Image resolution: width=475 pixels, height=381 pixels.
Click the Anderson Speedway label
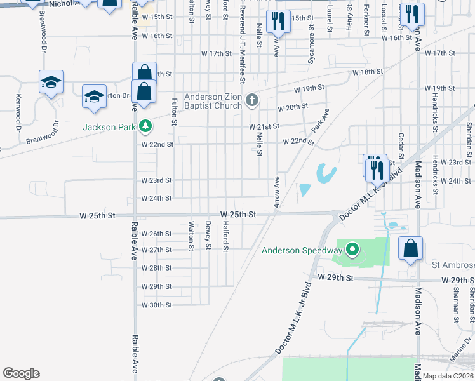[x=302, y=250]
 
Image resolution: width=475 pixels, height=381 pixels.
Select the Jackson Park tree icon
[x=145, y=126]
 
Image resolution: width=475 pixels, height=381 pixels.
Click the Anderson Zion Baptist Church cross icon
[x=252, y=100]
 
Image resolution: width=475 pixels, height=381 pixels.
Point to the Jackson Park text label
[x=109, y=127]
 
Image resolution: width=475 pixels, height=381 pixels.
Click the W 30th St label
[x=157, y=305]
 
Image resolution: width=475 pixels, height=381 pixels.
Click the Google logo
[x=21, y=373]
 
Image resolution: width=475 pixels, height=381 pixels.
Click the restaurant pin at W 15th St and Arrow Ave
[x=278, y=22]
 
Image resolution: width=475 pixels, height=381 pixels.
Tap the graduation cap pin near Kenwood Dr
[x=51, y=83]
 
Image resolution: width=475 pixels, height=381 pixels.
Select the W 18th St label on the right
[x=368, y=72]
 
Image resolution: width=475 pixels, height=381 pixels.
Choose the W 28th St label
[x=157, y=268]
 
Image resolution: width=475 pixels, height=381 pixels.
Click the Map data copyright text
[x=448, y=376]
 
